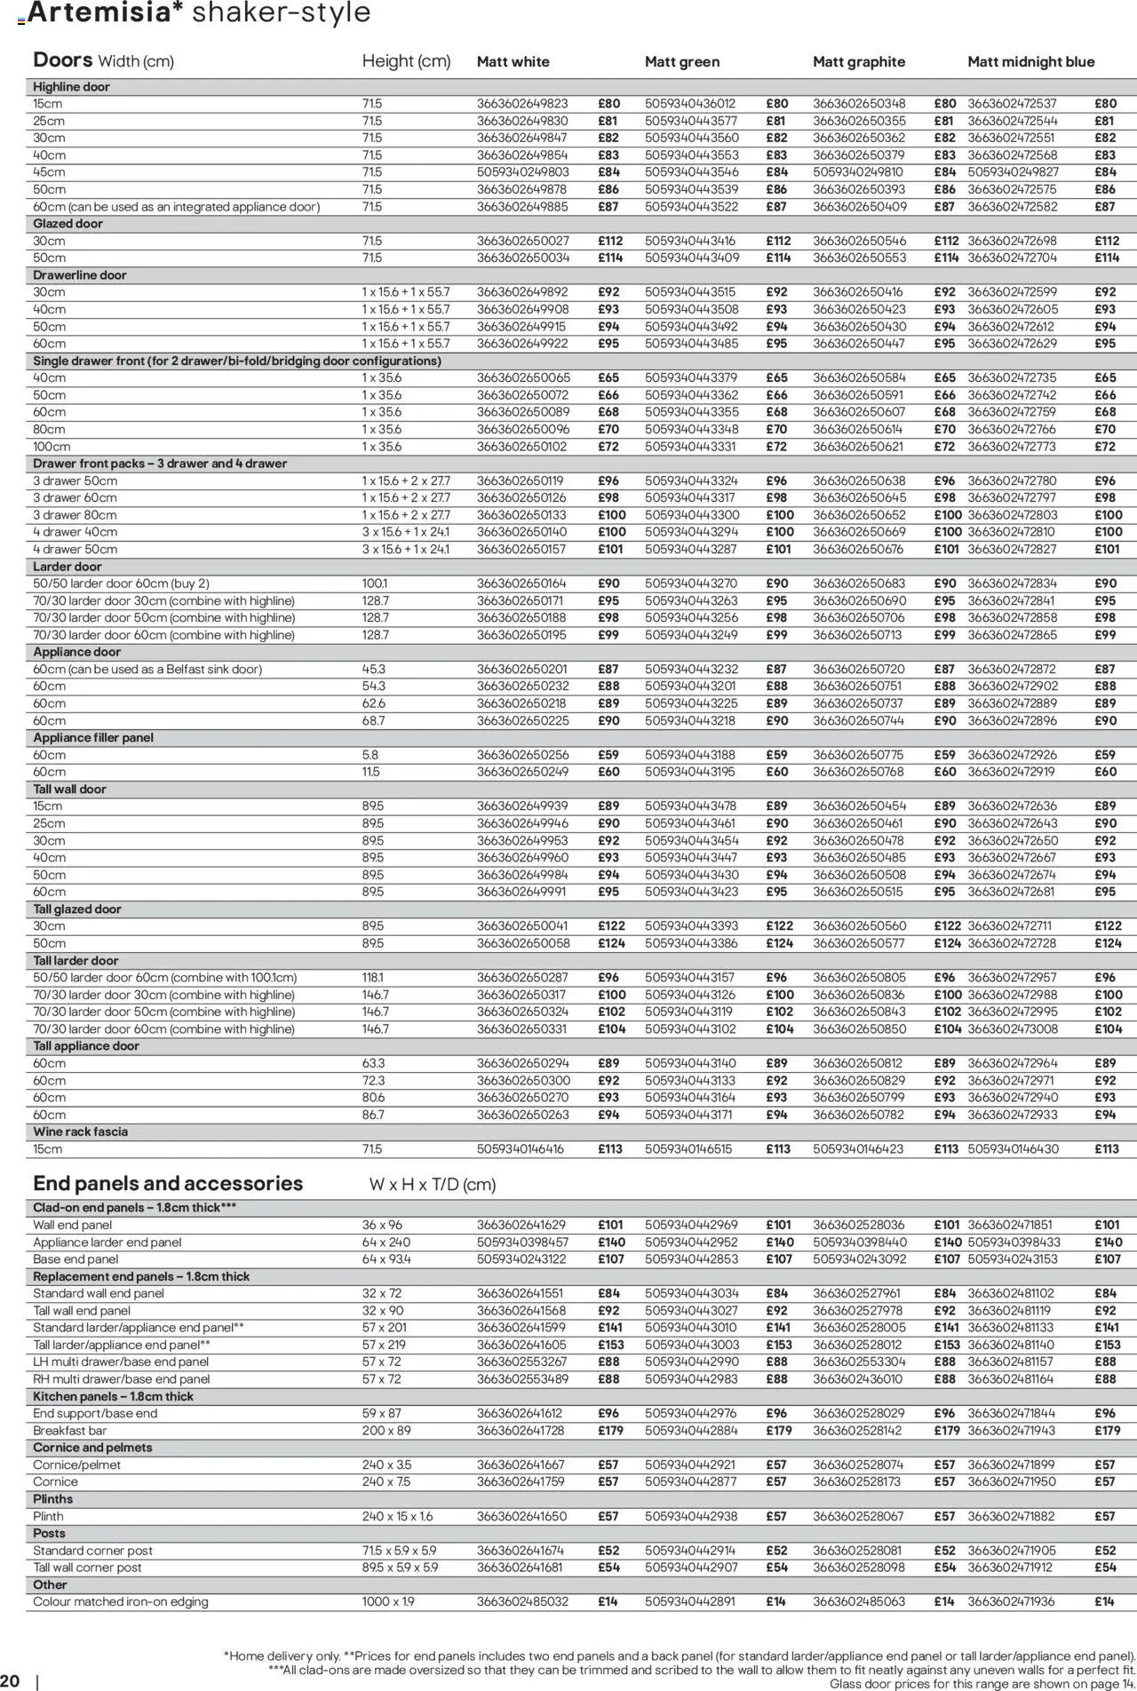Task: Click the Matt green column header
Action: click(682, 62)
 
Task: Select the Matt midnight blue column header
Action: click(1030, 62)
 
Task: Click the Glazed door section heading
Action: click(68, 224)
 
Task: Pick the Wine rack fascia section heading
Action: click(80, 1131)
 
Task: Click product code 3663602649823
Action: click(522, 104)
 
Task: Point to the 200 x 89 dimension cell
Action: click(386, 1431)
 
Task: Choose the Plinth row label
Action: click(48, 1516)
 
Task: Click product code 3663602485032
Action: click(522, 1601)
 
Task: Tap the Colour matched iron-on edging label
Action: click(121, 1601)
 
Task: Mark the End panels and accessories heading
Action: click(168, 1184)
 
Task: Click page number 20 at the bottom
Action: click(11, 1680)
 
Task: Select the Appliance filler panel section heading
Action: click(93, 738)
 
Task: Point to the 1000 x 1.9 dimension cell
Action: click(388, 1601)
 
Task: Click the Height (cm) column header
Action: click(406, 61)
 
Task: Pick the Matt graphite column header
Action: click(859, 62)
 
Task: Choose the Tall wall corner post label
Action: click(87, 1568)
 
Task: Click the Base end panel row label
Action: click(76, 1259)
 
